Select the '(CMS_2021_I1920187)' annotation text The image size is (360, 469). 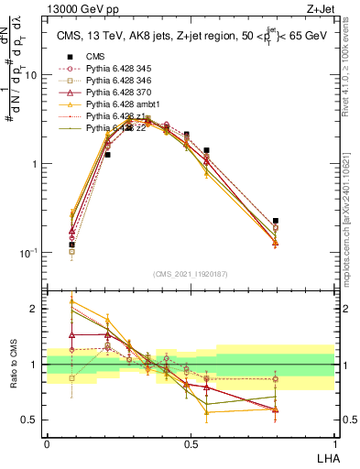(190, 273)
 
